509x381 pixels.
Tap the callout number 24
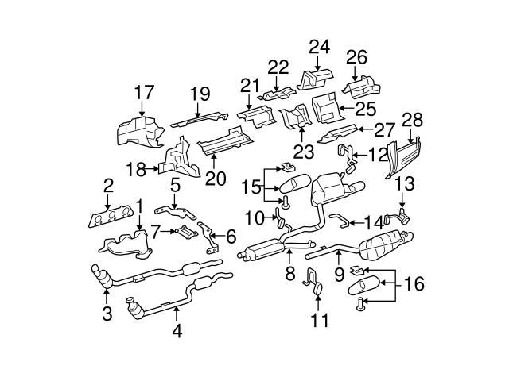pyautogui.click(x=319, y=47)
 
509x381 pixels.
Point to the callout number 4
pyautogui.click(x=177, y=331)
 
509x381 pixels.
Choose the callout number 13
pyautogui.click(x=405, y=183)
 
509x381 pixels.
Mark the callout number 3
pyautogui.click(x=107, y=313)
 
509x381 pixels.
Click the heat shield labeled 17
pyautogui.click(x=135, y=131)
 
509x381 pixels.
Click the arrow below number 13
pyautogui.click(x=405, y=202)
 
